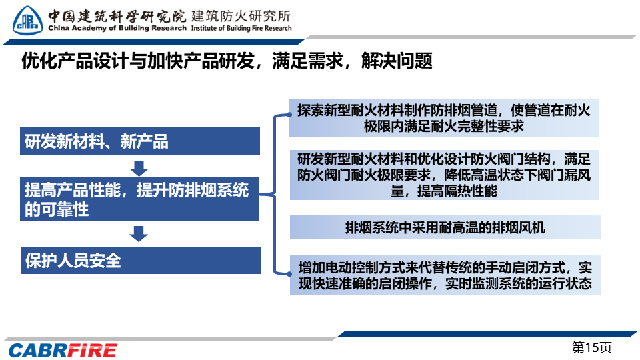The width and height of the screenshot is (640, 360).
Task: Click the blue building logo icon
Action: (x=27, y=21)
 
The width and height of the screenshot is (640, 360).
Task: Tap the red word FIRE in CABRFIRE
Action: (x=92, y=351)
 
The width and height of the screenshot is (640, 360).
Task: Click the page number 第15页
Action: (x=591, y=347)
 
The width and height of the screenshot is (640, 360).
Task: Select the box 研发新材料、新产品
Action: (x=140, y=141)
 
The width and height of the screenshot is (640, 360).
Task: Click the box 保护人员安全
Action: (x=141, y=260)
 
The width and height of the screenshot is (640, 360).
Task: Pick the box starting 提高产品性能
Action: (x=139, y=199)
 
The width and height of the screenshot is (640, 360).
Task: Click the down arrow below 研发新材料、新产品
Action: (x=139, y=168)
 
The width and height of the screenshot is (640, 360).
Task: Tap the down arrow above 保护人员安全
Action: (x=139, y=234)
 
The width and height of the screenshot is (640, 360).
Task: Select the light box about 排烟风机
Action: (x=445, y=227)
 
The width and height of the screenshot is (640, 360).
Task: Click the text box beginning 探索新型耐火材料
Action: (x=444, y=118)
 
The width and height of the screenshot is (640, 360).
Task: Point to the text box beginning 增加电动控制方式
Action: (x=445, y=275)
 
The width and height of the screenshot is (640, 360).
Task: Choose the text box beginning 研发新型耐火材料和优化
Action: (x=444, y=175)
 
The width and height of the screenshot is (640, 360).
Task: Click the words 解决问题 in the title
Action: (x=397, y=61)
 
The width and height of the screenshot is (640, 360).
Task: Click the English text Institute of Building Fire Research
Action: (x=241, y=28)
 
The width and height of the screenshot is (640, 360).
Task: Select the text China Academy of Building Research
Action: (x=117, y=28)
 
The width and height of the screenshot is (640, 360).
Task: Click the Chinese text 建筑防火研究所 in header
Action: (x=241, y=16)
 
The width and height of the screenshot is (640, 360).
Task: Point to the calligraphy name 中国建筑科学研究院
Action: (x=117, y=16)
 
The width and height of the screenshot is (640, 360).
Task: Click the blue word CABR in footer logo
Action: (x=37, y=351)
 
